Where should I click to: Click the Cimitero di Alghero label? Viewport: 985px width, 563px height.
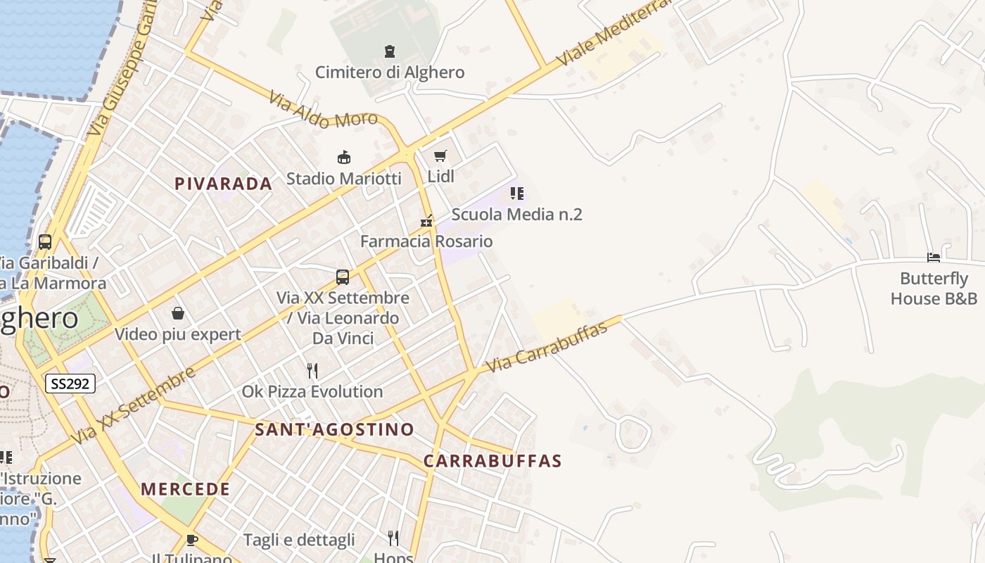pos(390,72)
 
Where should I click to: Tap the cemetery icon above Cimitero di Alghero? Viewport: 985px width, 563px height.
pos(390,51)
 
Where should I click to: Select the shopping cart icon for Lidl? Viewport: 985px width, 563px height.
pos(440,156)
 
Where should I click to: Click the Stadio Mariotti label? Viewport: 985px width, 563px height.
pos(343,178)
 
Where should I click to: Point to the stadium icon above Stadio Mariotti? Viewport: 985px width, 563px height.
pos(344,157)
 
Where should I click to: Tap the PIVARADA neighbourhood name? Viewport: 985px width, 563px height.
pos(223,184)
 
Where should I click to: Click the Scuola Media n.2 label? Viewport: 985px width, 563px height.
pos(516,214)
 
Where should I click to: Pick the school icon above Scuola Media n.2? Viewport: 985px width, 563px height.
pos(517,193)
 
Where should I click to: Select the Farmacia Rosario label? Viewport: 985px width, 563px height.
pos(426,241)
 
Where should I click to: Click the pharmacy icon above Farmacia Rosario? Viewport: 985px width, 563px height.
pos(426,221)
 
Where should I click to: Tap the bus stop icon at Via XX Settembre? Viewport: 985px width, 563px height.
pos(343,277)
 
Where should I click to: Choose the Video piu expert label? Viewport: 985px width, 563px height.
pos(178,334)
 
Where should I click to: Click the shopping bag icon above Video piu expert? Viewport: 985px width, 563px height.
pos(178,313)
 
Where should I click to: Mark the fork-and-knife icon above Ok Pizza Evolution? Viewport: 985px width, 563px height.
pos(312,370)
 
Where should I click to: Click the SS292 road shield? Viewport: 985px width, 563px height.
pos(70,384)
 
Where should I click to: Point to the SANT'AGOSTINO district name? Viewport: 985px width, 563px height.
pos(334,429)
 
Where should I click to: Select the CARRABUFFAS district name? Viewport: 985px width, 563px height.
pos(493,461)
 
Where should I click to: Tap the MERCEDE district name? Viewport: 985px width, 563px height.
pos(185,489)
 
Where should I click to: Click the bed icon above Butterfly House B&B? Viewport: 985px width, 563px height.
pos(934,258)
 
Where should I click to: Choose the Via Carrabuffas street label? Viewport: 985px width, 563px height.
pos(547,348)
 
